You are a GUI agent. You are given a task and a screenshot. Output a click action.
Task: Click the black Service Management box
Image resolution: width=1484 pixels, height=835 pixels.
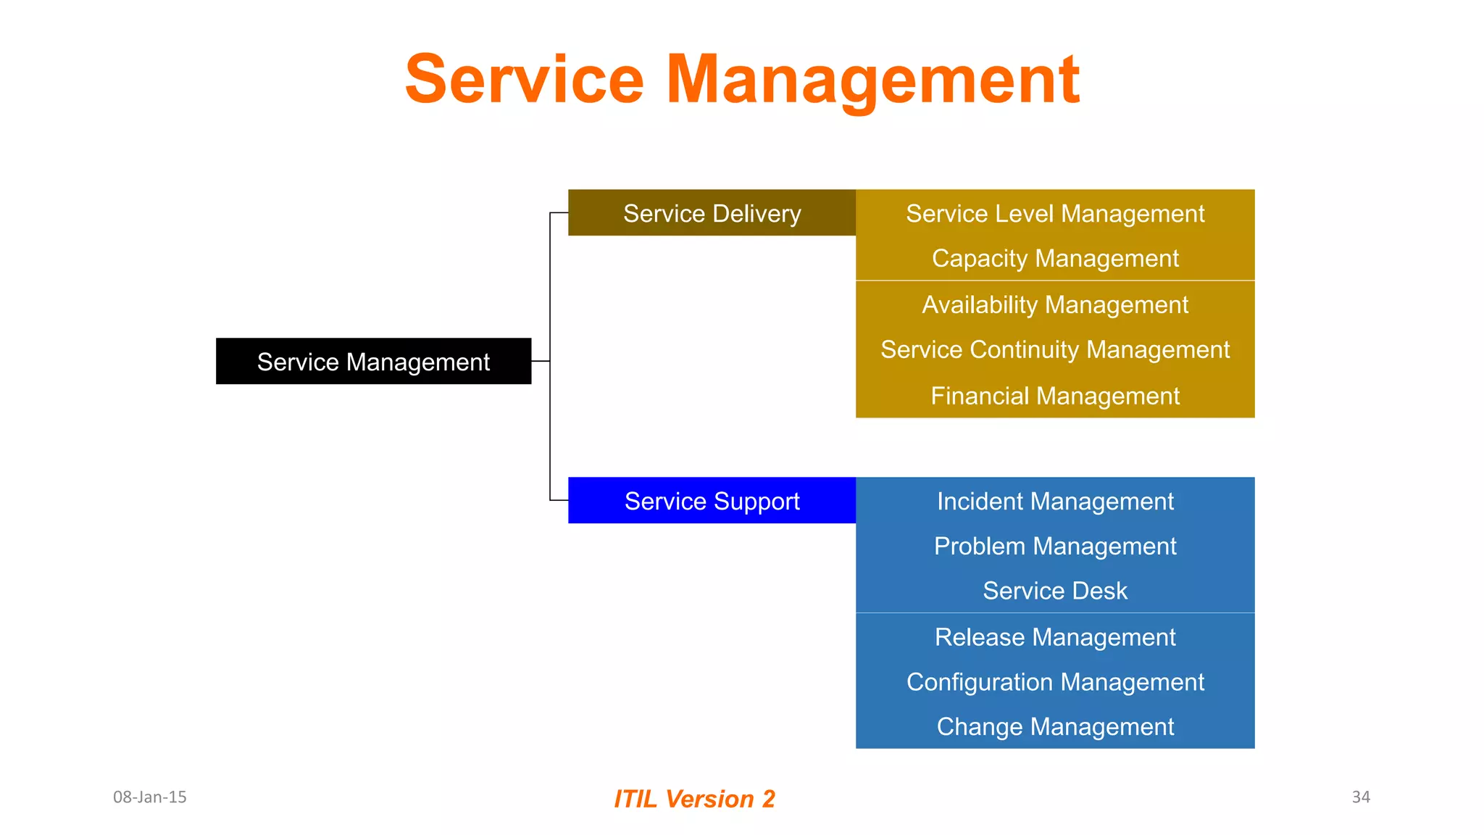pyautogui.click(x=373, y=361)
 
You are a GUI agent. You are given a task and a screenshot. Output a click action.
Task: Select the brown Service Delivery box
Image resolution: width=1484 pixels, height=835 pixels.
pyautogui.click(x=712, y=213)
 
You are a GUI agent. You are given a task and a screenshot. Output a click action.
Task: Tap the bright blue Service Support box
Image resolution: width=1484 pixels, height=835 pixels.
pyautogui.click(x=712, y=501)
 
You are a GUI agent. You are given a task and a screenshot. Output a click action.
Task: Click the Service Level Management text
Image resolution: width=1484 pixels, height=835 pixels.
pyautogui.click(x=1055, y=214)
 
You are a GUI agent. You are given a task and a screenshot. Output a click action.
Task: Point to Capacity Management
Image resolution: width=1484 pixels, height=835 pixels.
pyautogui.click(x=1055, y=259)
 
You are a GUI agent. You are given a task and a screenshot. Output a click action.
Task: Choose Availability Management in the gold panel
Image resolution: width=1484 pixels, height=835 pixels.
pyautogui.click(x=1055, y=305)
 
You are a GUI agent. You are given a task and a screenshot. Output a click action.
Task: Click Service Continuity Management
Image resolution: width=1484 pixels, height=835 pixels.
pyautogui.click(x=1055, y=350)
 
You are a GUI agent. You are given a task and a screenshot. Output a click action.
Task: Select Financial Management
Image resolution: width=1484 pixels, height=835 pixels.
pyautogui.click(x=1055, y=396)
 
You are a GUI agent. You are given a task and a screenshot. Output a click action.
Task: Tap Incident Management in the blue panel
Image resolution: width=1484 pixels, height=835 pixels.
pyautogui.click(x=1055, y=502)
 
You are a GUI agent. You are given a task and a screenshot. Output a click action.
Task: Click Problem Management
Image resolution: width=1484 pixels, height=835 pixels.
pyautogui.click(x=1055, y=547)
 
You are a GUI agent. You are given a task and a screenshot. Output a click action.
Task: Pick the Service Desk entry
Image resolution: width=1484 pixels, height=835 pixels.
pyautogui.click(x=1055, y=591)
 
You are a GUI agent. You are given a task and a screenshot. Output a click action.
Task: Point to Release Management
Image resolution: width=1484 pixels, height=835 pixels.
pyautogui.click(x=1055, y=638)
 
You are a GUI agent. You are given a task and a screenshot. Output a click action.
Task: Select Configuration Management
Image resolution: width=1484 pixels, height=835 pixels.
pyautogui.click(x=1055, y=683)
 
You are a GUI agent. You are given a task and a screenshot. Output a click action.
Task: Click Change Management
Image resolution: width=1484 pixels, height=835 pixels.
pyautogui.click(x=1055, y=727)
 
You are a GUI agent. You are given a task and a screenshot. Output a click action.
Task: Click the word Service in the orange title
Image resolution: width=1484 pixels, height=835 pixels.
pyautogui.click(x=524, y=79)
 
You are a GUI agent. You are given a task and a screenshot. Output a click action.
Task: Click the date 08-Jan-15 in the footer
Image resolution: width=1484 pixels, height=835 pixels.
pyautogui.click(x=150, y=797)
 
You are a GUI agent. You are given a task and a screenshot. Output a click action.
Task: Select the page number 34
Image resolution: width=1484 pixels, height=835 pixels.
pyautogui.click(x=1361, y=797)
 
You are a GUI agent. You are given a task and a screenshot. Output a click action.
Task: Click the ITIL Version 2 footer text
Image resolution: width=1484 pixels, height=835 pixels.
pyautogui.click(x=694, y=799)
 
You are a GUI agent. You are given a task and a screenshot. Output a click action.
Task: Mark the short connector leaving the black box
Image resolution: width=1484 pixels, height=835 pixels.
pyautogui.click(x=541, y=361)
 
